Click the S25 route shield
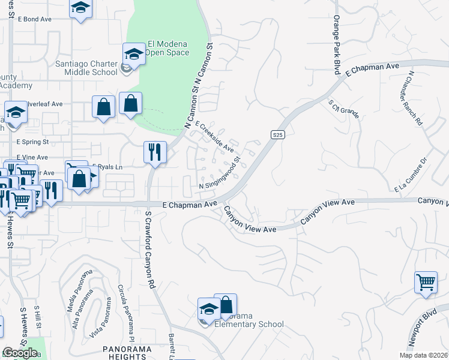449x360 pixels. click(x=277, y=135)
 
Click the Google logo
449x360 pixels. click(x=20, y=352)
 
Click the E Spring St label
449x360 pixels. click(x=32, y=142)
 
